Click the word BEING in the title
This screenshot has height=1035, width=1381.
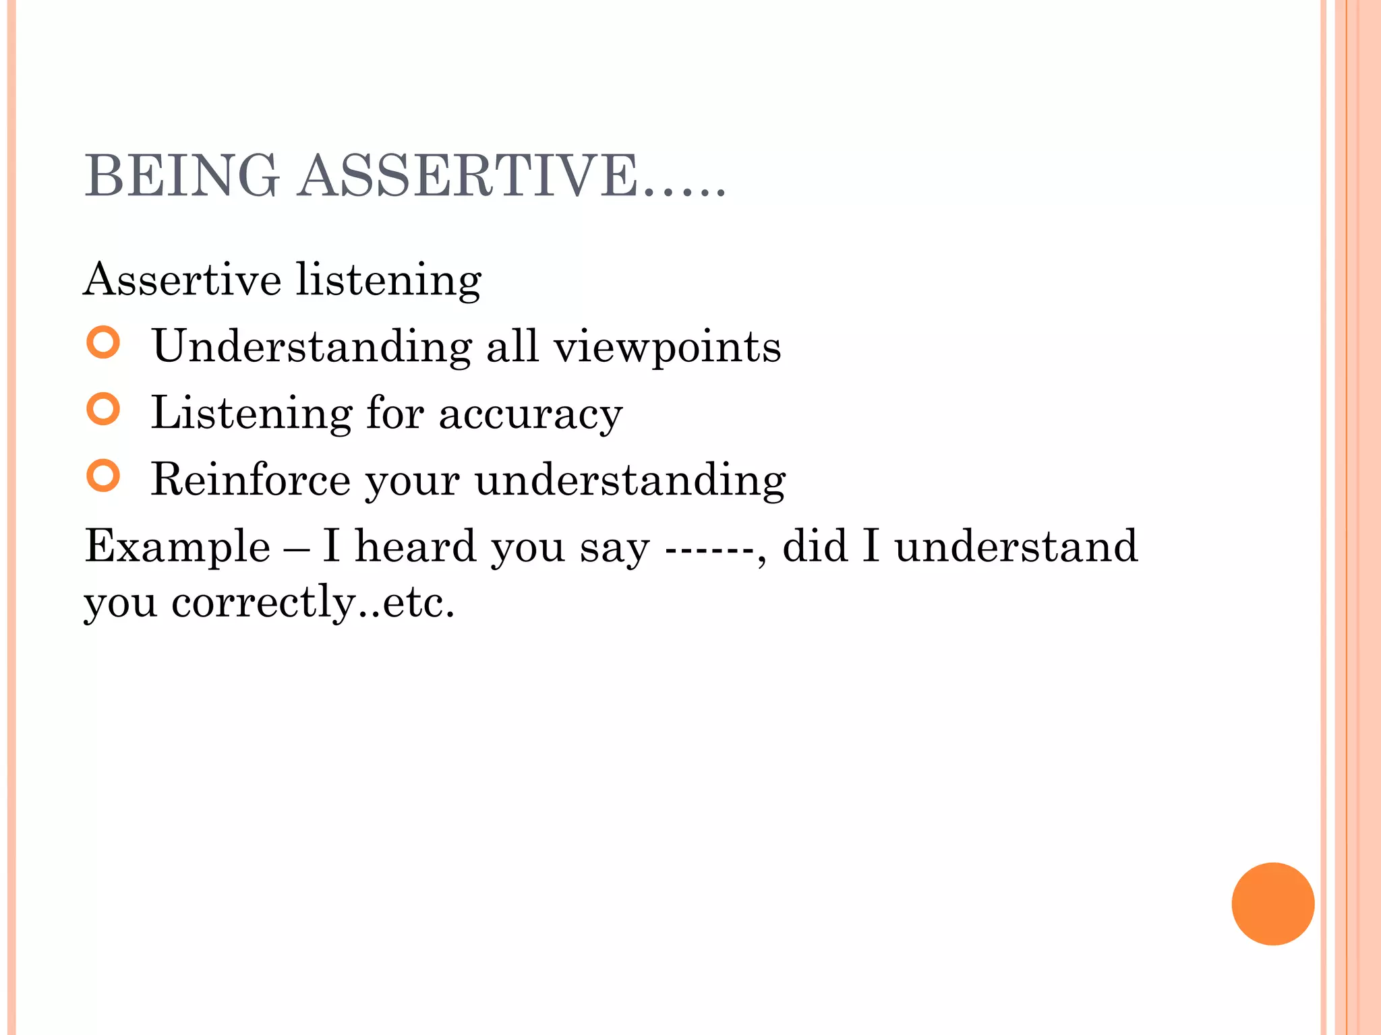click(x=181, y=176)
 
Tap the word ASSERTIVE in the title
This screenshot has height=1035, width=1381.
click(x=468, y=176)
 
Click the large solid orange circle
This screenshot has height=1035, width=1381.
click(x=1272, y=904)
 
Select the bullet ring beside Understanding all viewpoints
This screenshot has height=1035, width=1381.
click(x=103, y=342)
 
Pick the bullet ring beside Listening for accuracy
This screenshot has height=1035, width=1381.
click(x=103, y=409)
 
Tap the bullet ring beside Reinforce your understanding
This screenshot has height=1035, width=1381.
click(x=103, y=476)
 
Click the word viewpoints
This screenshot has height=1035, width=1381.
click(x=667, y=348)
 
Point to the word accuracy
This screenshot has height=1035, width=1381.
click(x=531, y=414)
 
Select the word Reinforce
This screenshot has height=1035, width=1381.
click(x=250, y=480)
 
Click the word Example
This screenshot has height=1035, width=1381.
click(x=177, y=546)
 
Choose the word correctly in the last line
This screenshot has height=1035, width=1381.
click(x=264, y=602)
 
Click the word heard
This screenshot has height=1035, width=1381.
click(x=415, y=546)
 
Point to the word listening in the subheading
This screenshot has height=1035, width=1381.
click(x=388, y=280)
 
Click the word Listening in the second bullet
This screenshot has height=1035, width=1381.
click(x=252, y=414)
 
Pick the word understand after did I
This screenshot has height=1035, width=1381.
click(x=1016, y=546)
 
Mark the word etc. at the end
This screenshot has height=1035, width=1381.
click(x=418, y=602)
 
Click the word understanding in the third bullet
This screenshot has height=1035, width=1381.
click(x=630, y=481)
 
